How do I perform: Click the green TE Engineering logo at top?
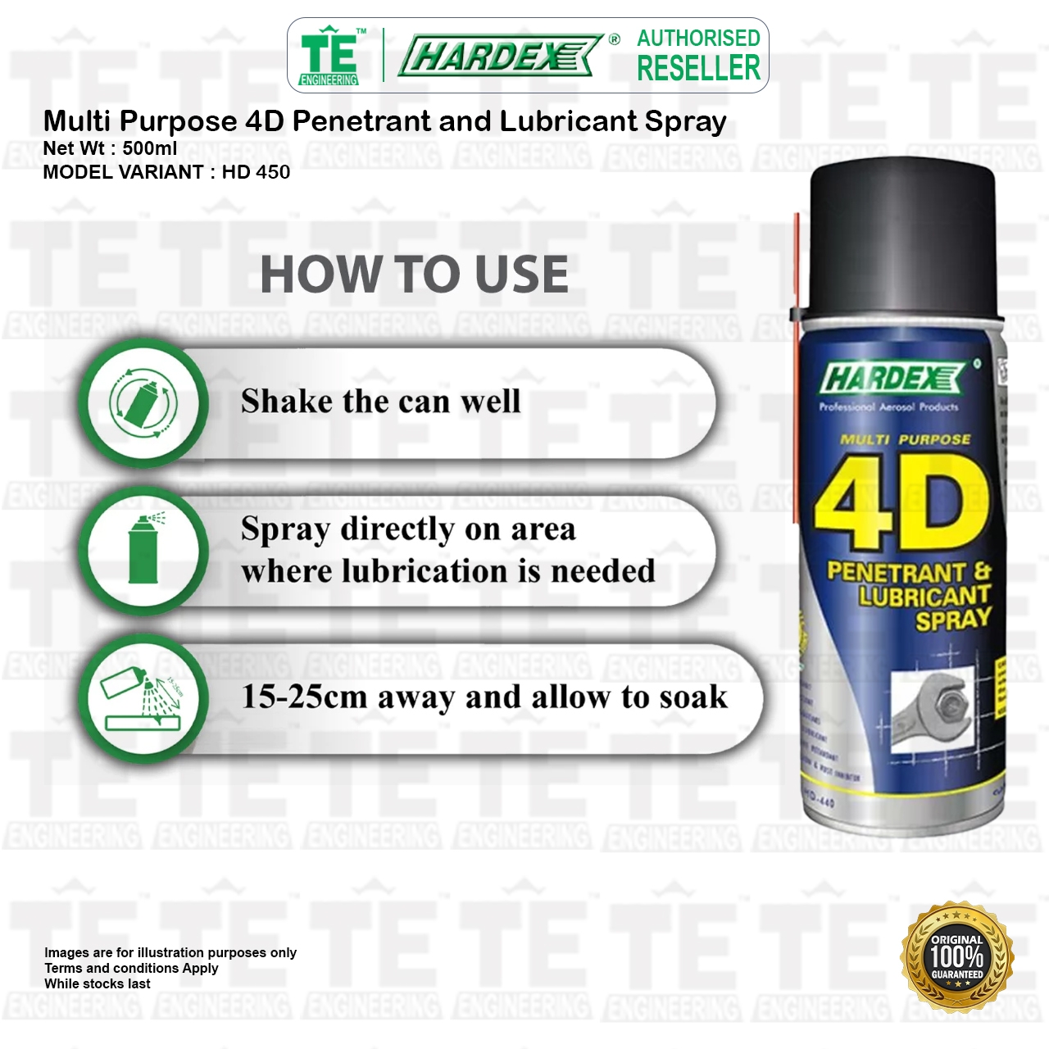coord(329,55)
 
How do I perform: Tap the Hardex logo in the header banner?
coord(501,56)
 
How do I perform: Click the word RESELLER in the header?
coord(698,69)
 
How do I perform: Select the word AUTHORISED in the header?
coord(698,38)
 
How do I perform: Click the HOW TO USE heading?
coord(414,274)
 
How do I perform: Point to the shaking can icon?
coord(143,402)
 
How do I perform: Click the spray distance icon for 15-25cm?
coord(143,699)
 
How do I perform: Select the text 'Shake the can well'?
coord(380,402)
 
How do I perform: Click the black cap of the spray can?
coord(901,238)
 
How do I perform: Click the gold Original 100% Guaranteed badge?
coord(956,956)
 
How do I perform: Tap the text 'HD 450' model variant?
coord(256,172)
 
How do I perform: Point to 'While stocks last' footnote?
coord(98,983)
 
